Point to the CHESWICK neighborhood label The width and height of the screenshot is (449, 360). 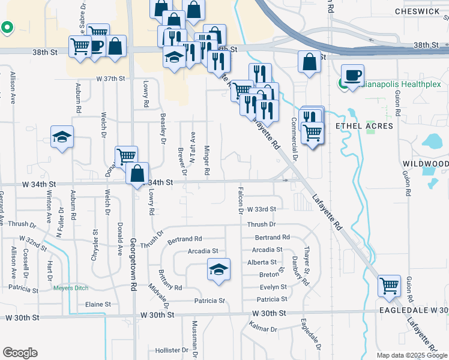tap(420, 11)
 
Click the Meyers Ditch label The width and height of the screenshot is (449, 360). tap(71, 288)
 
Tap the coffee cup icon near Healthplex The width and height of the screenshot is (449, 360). tap(352, 76)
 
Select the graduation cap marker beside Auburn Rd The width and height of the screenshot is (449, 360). tap(62, 137)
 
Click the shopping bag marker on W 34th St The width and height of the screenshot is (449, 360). tap(137, 173)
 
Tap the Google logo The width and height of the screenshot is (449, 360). tap(20, 353)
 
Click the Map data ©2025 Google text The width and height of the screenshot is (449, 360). tap(411, 355)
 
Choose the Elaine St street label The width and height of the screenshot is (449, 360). tap(98, 304)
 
